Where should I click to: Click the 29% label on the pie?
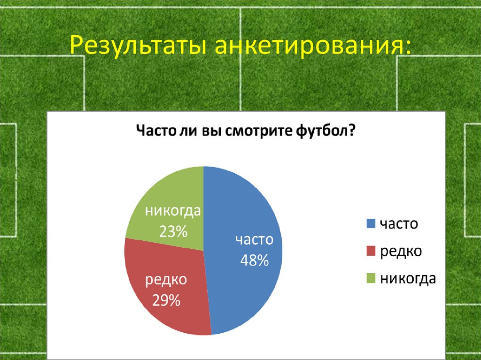(166, 300)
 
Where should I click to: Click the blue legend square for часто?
(371, 224)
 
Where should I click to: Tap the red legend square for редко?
(371, 251)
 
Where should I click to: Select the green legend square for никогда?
(371, 279)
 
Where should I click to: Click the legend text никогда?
(408, 279)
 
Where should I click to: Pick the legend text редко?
(401, 251)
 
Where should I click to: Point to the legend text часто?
(399, 224)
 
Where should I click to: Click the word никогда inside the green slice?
(173, 211)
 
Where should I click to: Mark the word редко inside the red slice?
(166, 280)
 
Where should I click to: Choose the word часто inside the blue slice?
(254, 240)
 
